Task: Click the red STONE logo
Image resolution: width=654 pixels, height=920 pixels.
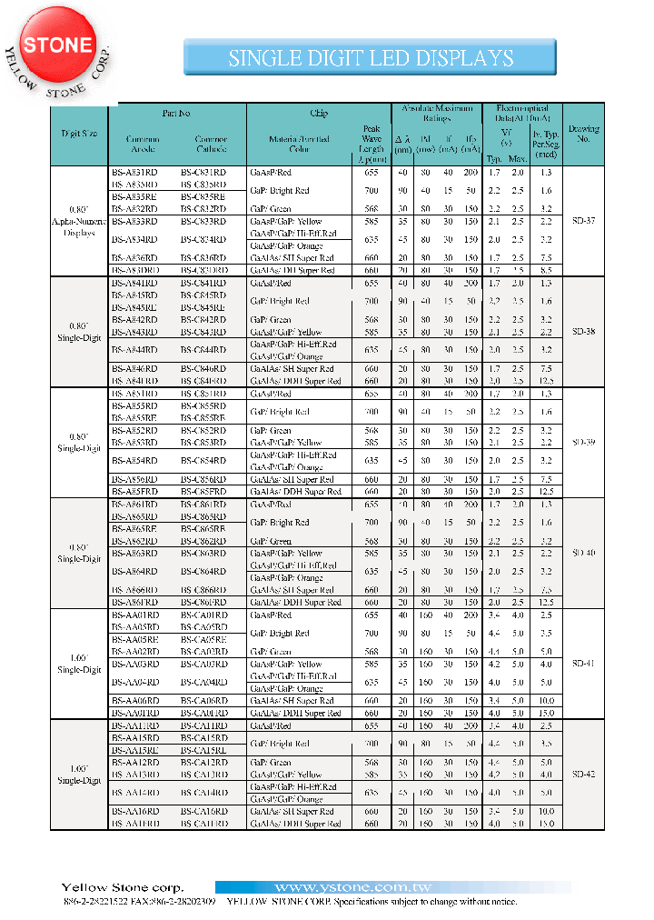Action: click(x=57, y=45)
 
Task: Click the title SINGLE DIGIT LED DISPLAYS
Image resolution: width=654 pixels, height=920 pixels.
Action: click(x=371, y=59)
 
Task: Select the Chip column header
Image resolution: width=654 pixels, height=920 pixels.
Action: click(x=319, y=114)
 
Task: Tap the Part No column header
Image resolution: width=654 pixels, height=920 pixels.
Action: click(x=176, y=114)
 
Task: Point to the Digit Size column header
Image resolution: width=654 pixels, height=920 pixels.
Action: click(x=79, y=134)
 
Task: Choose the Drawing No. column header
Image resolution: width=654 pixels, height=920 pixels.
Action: click(x=583, y=134)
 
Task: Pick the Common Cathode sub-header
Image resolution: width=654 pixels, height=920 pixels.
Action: click(x=211, y=144)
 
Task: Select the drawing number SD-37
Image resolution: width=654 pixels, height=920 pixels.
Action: click(x=584, y=221)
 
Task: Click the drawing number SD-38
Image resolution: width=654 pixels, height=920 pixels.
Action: click(x=584, y=331)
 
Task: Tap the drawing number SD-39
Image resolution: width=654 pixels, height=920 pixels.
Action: click(x=584, y=442)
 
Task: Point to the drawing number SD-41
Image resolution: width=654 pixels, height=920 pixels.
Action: click(x=584, y=664)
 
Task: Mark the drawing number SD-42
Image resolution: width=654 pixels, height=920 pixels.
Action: click(x=584, y=775)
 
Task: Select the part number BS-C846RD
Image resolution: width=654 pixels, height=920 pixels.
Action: click(x=203, y=369)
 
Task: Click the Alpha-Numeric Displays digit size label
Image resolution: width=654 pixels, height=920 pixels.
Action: click(x=79, y=221)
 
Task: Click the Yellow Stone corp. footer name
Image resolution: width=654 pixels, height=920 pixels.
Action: click(x=123, y=887)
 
